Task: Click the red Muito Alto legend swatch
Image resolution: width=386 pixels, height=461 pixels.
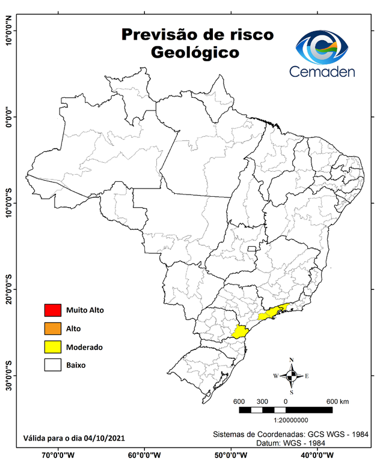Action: tap(53, 310)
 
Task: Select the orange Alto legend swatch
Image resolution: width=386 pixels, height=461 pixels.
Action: tap(53, 328)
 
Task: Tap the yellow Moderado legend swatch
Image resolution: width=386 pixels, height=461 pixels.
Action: tap(53, 347)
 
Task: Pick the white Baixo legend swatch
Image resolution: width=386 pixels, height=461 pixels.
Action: tap(53, 365)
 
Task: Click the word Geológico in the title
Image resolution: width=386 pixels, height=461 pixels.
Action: tap(195, 53)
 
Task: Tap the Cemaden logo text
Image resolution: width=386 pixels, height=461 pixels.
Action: tap(322, 71)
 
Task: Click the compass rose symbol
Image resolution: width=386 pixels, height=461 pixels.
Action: tap(292, 376)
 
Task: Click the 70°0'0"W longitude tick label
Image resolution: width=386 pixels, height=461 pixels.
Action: tap(58, 455)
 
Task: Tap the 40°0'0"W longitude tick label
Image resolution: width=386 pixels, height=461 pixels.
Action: tap(318, 455)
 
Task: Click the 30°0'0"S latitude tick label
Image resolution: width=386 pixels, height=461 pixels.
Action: tap(8, 376)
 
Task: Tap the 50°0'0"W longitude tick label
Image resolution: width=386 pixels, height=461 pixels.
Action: tap(231, 455)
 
